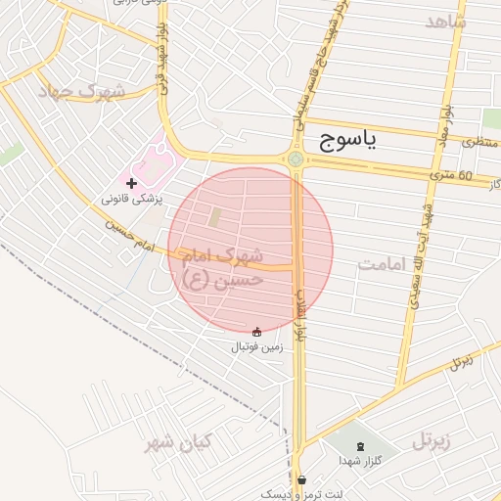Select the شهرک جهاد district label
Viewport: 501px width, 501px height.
[x=83, y=92]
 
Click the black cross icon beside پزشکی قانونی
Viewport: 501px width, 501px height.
[x=132, y=182]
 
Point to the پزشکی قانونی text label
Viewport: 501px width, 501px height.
[x=135, y=199]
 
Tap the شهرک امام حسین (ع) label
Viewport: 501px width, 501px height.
[x=222, y=267]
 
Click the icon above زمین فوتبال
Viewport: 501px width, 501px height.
[x=257, y=332]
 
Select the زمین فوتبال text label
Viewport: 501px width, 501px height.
[x=256, y=347]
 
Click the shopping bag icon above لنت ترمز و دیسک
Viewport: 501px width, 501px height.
[x=301, y=479]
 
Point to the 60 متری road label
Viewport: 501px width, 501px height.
[x=450, y=176]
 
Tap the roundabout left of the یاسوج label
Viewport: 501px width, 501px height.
[x=296, y=159]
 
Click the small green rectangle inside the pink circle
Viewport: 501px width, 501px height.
[x=214, y=217]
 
